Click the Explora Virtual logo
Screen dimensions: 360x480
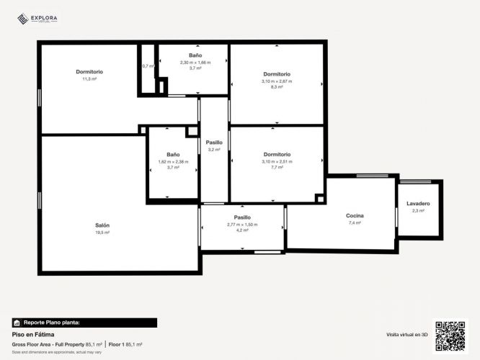pos(37,19)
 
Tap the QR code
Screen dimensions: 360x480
pos(449,336)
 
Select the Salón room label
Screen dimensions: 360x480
pos(102,225)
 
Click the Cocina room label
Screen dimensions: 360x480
pos(355,216)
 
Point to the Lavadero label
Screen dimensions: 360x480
pos(418,204)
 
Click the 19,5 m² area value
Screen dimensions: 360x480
pos(102,233)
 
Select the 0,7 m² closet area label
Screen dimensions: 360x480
pos(148,66)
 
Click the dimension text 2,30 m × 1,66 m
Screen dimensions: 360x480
pos(195,62)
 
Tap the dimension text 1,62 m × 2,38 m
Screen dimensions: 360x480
pos(173,161)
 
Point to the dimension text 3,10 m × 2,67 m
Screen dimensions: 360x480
pos(277,81)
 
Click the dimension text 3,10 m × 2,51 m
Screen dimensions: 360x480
pos(277,161)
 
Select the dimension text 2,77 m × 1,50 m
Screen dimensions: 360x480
pos(242,224)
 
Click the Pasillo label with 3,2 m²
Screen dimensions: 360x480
pos(214,143)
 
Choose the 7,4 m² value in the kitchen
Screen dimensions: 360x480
pos(355,223)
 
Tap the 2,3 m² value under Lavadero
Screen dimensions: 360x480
pos(418,211)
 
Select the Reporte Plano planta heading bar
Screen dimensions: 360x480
pos(84,323)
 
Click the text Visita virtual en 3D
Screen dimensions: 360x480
pos(407,335)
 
